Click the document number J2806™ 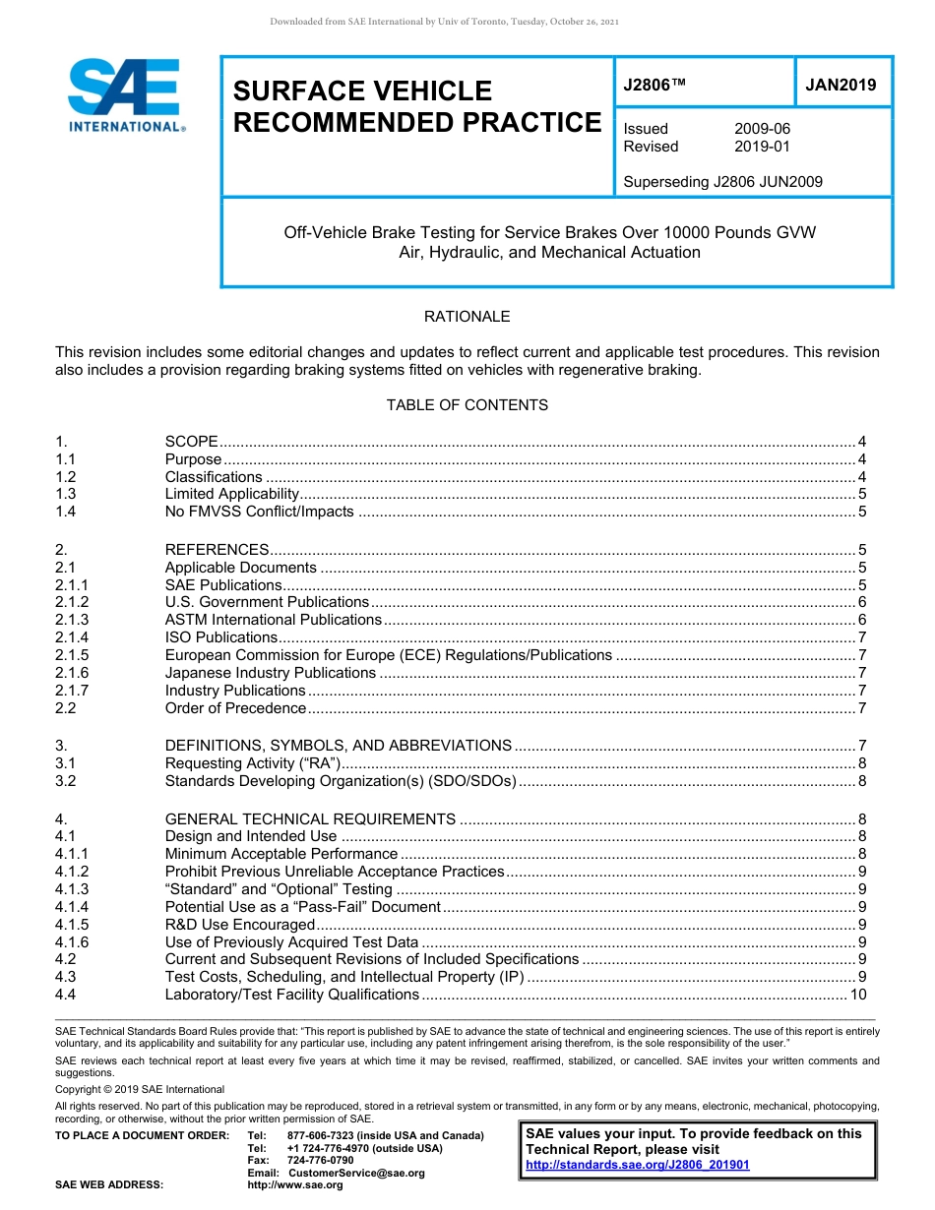654,86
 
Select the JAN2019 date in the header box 841,86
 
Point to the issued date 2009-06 762,129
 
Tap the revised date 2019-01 762,147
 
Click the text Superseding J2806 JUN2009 722,181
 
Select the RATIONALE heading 467,317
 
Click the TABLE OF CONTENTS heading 467,405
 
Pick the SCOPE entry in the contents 192,442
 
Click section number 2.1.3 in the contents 72,620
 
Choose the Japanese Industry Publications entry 271,673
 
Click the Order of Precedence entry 236,708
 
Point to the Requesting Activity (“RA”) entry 253,763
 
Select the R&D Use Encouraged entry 240,925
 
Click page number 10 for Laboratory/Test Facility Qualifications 857,995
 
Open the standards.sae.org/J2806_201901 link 638,1165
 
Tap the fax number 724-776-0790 320,1161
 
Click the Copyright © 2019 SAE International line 140,1089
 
